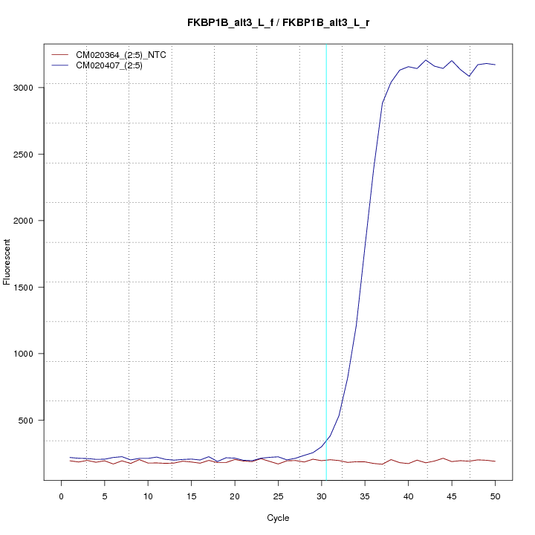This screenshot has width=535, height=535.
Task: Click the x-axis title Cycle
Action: (x=278, y=518)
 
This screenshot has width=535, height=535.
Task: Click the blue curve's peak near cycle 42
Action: (x=426, y=60)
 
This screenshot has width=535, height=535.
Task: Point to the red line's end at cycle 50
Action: (x=495, y=461)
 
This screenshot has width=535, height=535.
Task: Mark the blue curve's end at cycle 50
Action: (x=495, y=65)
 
